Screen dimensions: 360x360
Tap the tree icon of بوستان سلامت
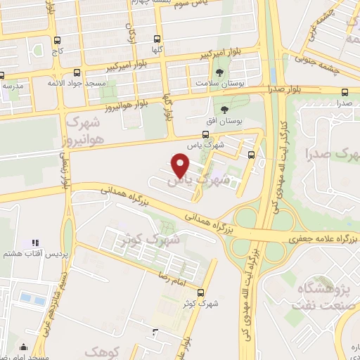click(220, 72)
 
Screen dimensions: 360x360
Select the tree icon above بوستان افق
click(225, 109)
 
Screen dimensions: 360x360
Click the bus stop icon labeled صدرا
click(345, 92)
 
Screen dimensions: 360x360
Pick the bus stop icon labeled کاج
click(56, 40)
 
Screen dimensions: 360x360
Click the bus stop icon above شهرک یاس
click(205, 134)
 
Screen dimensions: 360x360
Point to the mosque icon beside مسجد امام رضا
click(25, 346)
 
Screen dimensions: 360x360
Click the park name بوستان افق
click(225, 120)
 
